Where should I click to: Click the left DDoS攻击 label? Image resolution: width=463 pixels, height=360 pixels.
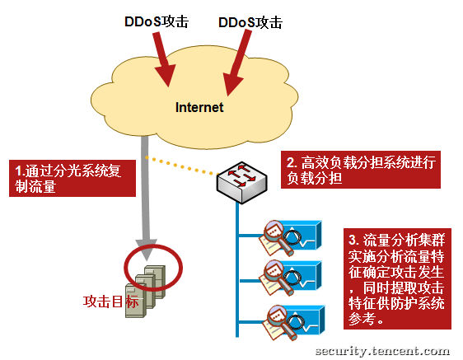(x=157, y=21)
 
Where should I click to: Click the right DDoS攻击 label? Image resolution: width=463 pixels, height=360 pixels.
(x=250, y=22)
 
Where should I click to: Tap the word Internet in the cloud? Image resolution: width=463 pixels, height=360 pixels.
(x=199, y=107)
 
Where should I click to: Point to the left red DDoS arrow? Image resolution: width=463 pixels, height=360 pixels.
(x=163, y=59)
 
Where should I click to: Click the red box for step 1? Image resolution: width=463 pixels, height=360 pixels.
(x=72, y=179)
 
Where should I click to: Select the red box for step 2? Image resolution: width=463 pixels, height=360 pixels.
(x=361, y=170)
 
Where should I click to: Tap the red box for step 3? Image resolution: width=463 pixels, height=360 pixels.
(x=397, y=278)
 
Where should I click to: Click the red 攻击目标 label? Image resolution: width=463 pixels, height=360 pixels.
(x=110, y=302)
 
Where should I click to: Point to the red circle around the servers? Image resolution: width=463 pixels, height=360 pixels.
(x=124, y=267)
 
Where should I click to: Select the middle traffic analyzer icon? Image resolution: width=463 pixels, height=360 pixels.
(x=290, y=278)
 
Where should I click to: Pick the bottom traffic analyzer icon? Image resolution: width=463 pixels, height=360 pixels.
(x=293, y=323)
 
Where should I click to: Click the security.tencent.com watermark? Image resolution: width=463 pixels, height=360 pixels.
(x=383, y=351)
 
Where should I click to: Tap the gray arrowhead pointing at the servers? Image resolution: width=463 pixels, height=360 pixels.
(x=146, y=250)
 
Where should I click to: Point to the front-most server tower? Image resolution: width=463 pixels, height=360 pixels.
(x=136, y=301)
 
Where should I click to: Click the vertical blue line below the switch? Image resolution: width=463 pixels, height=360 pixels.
(x=237, y=269)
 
